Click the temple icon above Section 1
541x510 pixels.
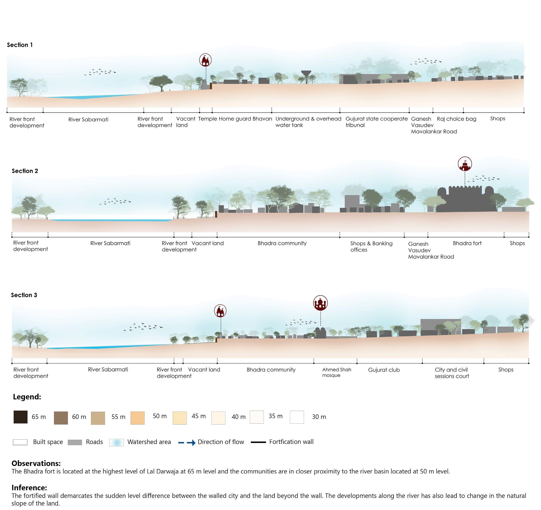[205, 60]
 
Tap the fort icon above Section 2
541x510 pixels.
[465, 164]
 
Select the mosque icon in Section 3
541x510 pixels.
[320, 303]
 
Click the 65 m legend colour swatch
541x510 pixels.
[20, 417]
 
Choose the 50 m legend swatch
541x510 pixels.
[137, 417]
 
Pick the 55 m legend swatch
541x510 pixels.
[98, 418]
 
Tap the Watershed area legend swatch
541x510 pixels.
[116, 442]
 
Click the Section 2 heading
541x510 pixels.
[25, 171]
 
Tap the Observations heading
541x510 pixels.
[36, 463]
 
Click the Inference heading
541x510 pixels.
[29, 487]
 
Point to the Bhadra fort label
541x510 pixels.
[467, 243]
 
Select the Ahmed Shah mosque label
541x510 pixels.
[337, 372]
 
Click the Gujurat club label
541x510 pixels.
[384, 370]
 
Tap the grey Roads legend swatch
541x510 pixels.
[75, 442]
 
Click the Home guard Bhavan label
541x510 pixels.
[245, 119]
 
